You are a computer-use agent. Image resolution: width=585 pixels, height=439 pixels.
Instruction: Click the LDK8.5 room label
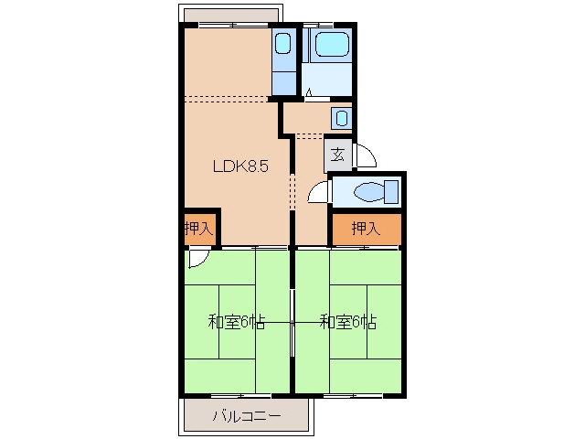point(240,166)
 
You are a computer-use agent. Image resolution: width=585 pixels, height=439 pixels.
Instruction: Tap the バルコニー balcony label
point(247,415)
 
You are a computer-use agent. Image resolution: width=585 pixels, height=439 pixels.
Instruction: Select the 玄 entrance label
point(338,155)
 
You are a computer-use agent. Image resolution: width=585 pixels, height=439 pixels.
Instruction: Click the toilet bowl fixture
point(368,192)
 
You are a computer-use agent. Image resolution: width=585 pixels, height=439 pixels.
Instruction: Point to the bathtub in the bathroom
point(332,44)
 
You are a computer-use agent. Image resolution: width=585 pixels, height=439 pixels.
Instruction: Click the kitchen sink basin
point(282,44)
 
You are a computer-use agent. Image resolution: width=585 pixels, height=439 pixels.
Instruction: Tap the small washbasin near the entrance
point(342,118)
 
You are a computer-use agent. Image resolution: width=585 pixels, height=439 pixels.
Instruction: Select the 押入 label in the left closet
point(199,229)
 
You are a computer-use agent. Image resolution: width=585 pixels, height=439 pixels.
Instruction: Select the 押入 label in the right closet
point(366,228)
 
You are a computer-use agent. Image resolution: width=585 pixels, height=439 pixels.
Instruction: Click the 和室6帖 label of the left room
point(236,322)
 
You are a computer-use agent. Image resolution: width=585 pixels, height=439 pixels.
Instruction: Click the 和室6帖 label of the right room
point(348,322)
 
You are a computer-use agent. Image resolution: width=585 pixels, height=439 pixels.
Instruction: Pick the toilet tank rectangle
point(391,192)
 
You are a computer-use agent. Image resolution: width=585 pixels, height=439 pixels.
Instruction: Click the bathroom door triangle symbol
point(309,92)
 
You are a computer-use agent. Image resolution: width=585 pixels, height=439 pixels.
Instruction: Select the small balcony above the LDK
point(230,14)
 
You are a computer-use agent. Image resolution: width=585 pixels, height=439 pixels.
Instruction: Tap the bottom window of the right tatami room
point(353,395)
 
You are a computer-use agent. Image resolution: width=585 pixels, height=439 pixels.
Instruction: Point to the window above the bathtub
point(317,25)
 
